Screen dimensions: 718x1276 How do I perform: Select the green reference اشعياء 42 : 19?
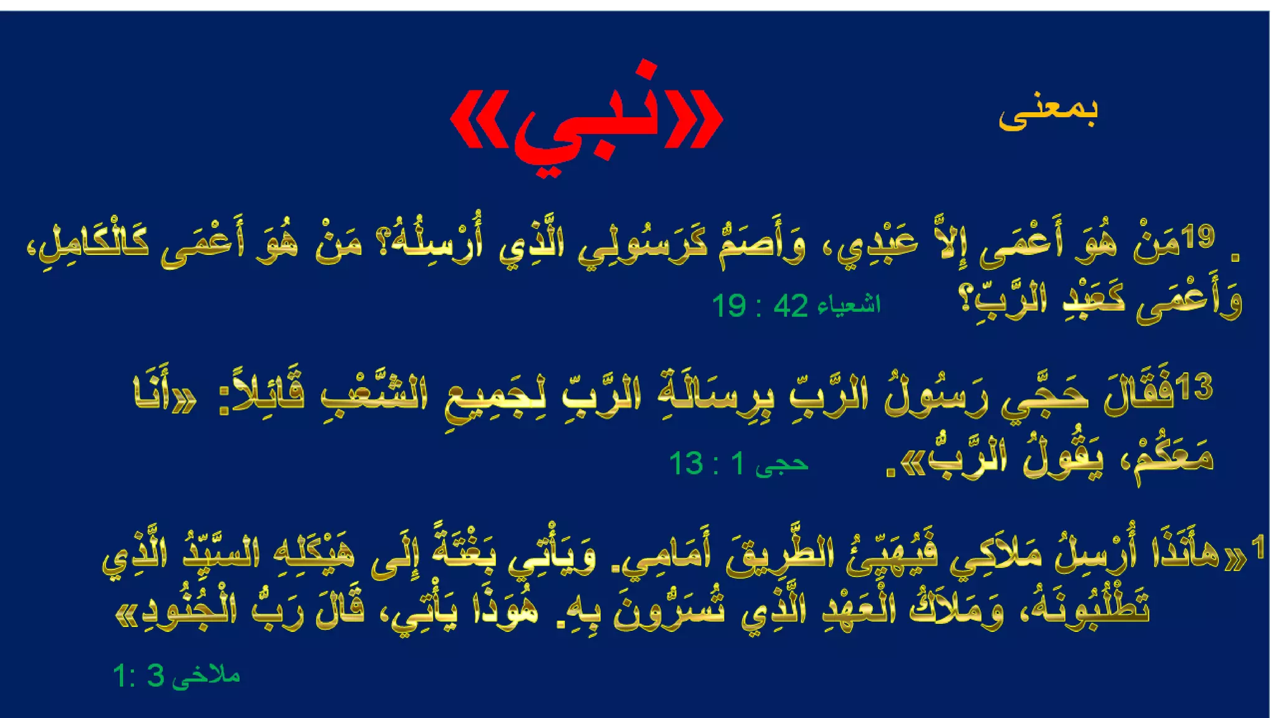coord(796,305)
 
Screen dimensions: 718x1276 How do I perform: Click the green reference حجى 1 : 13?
coord(738,464)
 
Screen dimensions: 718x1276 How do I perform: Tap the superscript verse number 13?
coord(1196,386)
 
